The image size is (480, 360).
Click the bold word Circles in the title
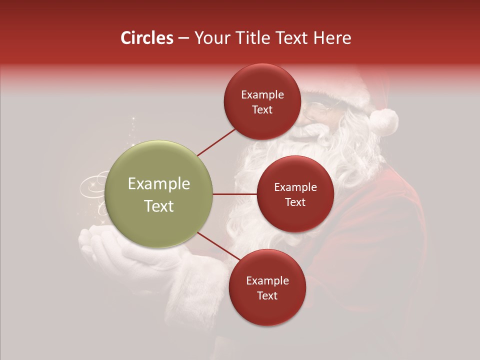146,38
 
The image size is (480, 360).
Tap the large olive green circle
158,194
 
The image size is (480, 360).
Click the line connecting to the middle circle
234,194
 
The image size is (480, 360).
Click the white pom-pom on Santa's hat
384,122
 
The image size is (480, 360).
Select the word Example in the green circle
158,184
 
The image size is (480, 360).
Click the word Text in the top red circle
262,110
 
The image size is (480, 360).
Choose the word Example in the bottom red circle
267,281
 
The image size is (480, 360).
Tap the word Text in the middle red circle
295,202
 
